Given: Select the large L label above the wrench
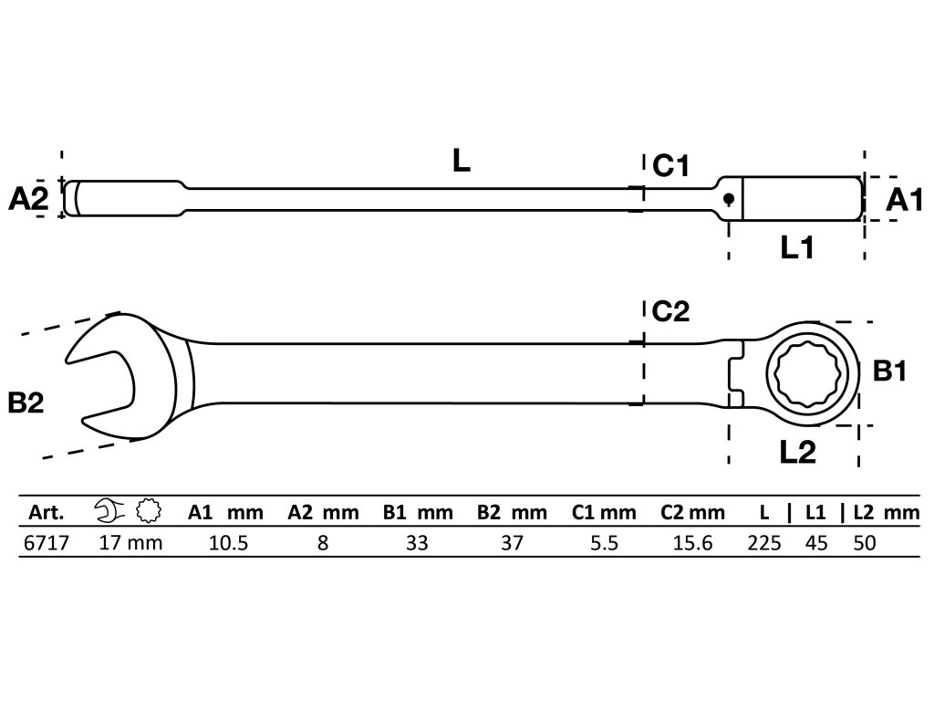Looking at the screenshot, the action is [x=462, y=162].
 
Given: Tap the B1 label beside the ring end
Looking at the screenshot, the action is [x=888, y=371].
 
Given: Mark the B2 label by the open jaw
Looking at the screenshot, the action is [x=27, y=403].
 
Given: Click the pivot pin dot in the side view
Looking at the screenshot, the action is [x=729, y=199].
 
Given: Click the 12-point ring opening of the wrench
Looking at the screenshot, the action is [x=800, y=373].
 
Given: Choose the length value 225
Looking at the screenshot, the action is [x=764, y=544].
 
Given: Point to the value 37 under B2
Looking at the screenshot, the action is [x=512, y=544].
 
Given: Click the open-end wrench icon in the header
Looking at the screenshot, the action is [x=109, y=511].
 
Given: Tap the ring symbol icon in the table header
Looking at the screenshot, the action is [x=146, y=511].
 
